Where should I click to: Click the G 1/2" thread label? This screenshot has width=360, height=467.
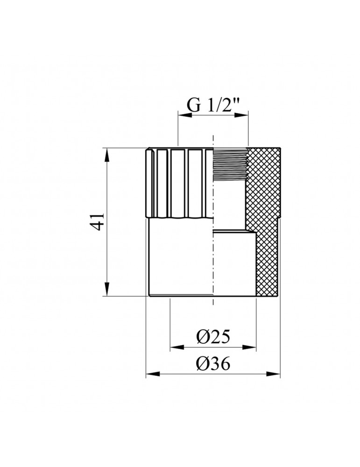pyautogui.click(x=213, y=105)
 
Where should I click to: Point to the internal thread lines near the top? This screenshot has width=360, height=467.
pyautogui.click(x=229, y=163)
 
